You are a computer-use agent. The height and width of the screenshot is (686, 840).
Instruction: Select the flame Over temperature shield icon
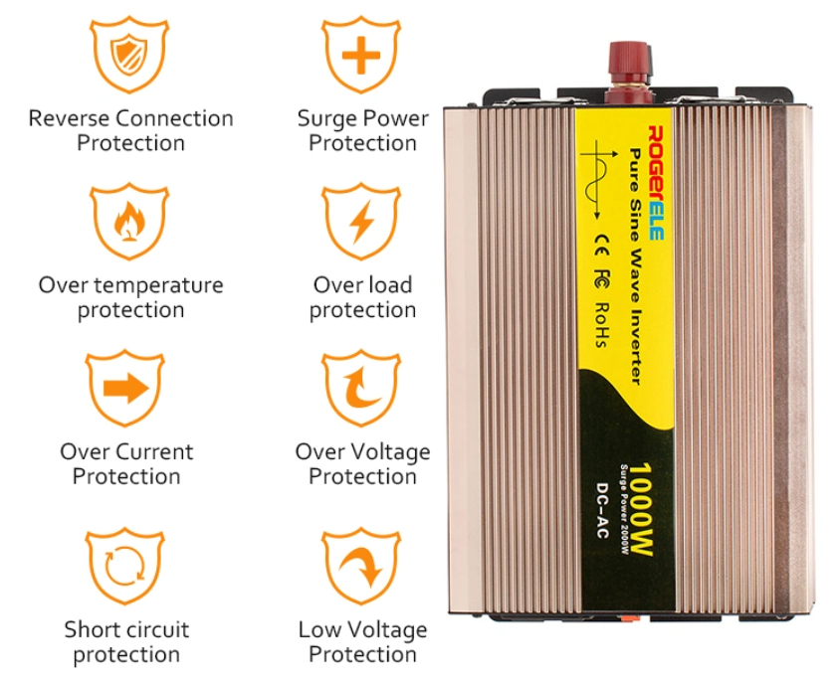pos(129,222)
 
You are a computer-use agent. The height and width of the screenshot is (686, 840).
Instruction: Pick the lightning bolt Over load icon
pos(361,222)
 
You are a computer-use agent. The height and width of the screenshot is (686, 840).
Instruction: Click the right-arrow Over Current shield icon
pos(125,389)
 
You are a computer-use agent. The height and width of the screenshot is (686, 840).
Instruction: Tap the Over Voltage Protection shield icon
pos(361,389)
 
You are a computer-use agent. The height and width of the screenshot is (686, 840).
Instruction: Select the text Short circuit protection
pos(126,641)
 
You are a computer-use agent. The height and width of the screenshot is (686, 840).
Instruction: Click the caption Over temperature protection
pos(130,297)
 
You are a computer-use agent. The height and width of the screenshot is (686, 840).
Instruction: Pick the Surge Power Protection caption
pos(362,130)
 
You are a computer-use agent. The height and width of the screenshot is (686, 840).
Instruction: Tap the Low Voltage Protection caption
pos(362,641)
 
